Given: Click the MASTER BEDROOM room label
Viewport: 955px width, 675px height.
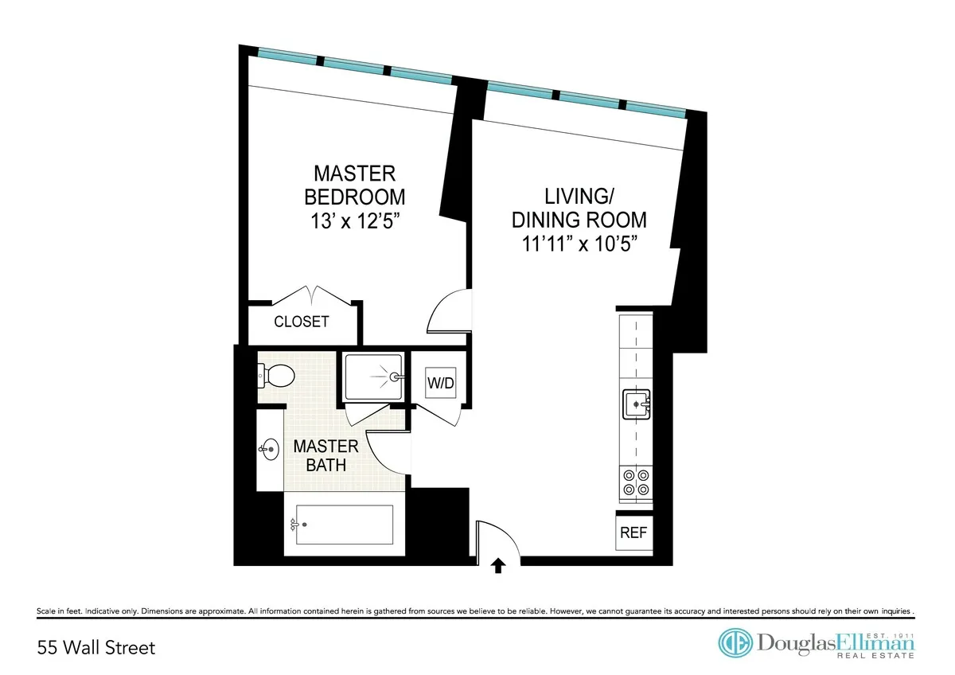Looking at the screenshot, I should pyautogui.click(x=354, y=185).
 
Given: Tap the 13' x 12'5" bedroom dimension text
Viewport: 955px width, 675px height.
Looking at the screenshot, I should pyautogui.click(x=354, y=220).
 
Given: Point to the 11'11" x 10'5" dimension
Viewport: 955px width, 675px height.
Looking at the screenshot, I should pyautogui.click(x=579, y=243).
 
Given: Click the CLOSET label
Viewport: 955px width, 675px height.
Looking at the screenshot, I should pyautogui.click(x=302, y=322).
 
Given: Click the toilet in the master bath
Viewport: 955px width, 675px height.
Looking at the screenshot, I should pyautogui.click(x=276, y=373).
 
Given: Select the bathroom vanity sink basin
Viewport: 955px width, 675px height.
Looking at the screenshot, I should pyautogui.click(x=269, y=450).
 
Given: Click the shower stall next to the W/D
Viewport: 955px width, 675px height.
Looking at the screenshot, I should pyautogui.click(x=375, y=377).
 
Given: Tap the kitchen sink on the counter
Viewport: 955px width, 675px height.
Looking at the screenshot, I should pyautogui.click(x=637, y=404).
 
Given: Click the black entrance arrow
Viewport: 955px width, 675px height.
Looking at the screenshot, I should pyautogui.click(x=498, y=565).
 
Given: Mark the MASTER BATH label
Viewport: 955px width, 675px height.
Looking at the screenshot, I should pyautogui.click(x=326, y=455).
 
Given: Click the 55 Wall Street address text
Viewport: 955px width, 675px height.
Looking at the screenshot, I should pyautogui.click(x=96, y=647).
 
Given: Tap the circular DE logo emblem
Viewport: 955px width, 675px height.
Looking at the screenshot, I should pyautogui.click(x=735, y=643).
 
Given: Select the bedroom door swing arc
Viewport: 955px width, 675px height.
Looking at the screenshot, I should pyautogui.click(x=450, y=311).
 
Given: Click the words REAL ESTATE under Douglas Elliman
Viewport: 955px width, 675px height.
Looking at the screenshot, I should pyautogui.click(x=875, y=655).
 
